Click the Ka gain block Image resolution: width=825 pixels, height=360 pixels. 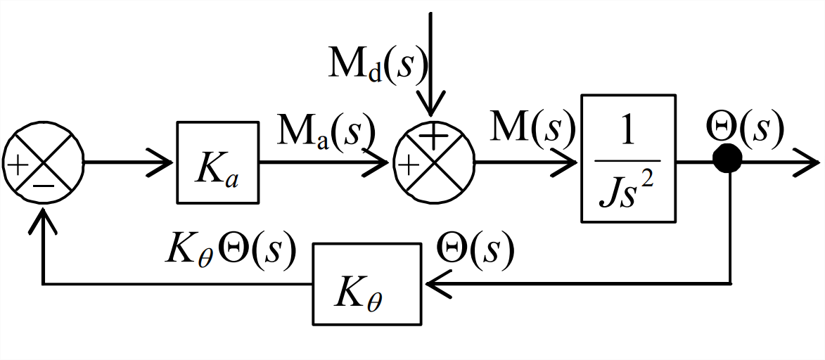217,162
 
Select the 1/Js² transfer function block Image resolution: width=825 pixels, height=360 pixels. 629,158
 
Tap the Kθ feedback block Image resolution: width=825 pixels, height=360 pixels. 367,284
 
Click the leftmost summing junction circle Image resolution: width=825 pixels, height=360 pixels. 44,162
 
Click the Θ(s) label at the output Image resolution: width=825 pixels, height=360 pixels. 745,127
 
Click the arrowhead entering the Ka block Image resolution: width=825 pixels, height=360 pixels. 164,162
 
